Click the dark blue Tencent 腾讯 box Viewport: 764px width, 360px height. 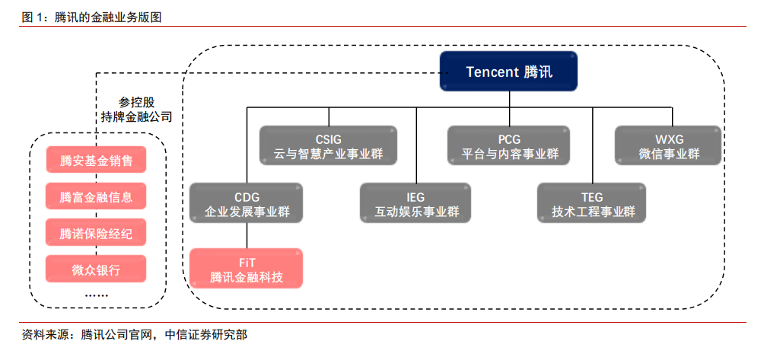tap(509, 72)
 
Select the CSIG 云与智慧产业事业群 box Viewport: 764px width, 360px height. tap(329, 145)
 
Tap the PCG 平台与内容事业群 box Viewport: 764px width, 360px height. tap(510, 145)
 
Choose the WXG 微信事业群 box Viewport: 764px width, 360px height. tap(669, 145)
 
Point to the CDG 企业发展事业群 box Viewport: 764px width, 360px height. tap(247, 203)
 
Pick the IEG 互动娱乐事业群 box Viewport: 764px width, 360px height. tap(416, 203)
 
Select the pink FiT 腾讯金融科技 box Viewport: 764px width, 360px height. tap(247, 268)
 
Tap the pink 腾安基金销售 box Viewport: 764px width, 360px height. tap(96, 160)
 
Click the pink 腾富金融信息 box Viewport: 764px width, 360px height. tap(96, 196)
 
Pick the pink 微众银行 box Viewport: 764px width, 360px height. tap(96, 269)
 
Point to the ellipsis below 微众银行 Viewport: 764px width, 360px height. tap(96, 295)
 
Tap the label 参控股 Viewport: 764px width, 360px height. tap(136, 103)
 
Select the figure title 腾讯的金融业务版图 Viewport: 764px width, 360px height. tap(108, 18)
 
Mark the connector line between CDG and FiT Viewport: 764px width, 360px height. tap(247, 236)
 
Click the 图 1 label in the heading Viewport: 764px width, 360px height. tap(33, 18)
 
